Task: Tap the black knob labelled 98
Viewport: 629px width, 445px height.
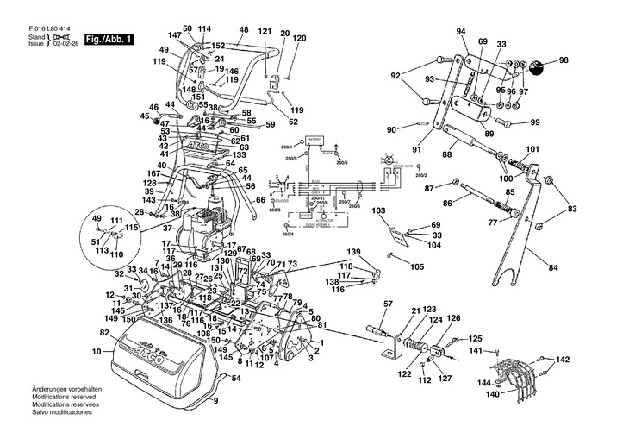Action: point(540,65)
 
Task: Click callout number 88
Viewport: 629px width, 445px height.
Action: point(446,154)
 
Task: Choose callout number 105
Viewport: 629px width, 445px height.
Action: point(417,266)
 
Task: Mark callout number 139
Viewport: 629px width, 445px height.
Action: point(353,251)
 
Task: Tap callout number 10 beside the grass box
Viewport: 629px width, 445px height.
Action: point(97,351)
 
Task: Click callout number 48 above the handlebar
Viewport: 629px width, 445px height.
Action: point(244,30)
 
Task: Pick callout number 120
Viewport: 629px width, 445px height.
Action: point(300,39)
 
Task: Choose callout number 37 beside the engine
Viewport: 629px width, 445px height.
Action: point(167,228)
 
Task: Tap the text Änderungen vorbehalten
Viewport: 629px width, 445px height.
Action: point(66,391)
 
